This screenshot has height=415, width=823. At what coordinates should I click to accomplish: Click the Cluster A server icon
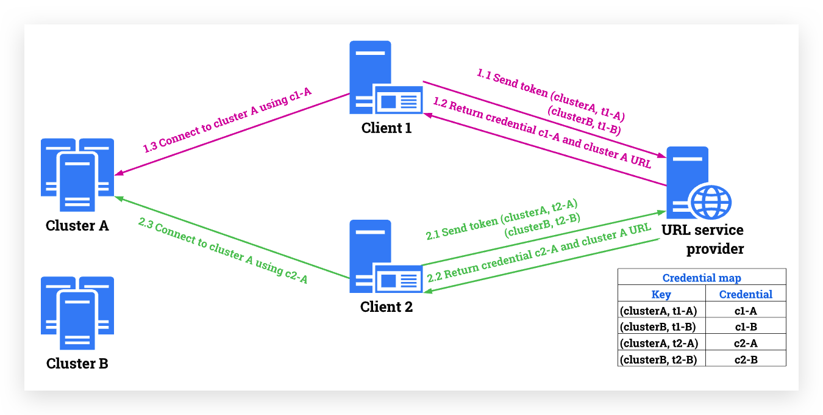77,175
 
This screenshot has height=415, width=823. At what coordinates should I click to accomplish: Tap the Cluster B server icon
77,313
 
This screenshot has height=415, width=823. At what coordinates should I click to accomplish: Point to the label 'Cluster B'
77,364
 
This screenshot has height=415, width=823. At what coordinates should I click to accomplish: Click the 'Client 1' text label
387,128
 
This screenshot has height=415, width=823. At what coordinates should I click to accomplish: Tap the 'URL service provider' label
703,239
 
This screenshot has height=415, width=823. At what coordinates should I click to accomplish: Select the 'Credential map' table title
702,278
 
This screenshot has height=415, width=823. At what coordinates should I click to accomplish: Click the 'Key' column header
661,294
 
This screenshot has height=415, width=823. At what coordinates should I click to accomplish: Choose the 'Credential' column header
746,294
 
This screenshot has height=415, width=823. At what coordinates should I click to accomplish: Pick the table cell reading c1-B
746,327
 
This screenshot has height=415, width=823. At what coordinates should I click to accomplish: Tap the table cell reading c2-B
746,359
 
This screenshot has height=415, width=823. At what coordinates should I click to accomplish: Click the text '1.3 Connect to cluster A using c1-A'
227,120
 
